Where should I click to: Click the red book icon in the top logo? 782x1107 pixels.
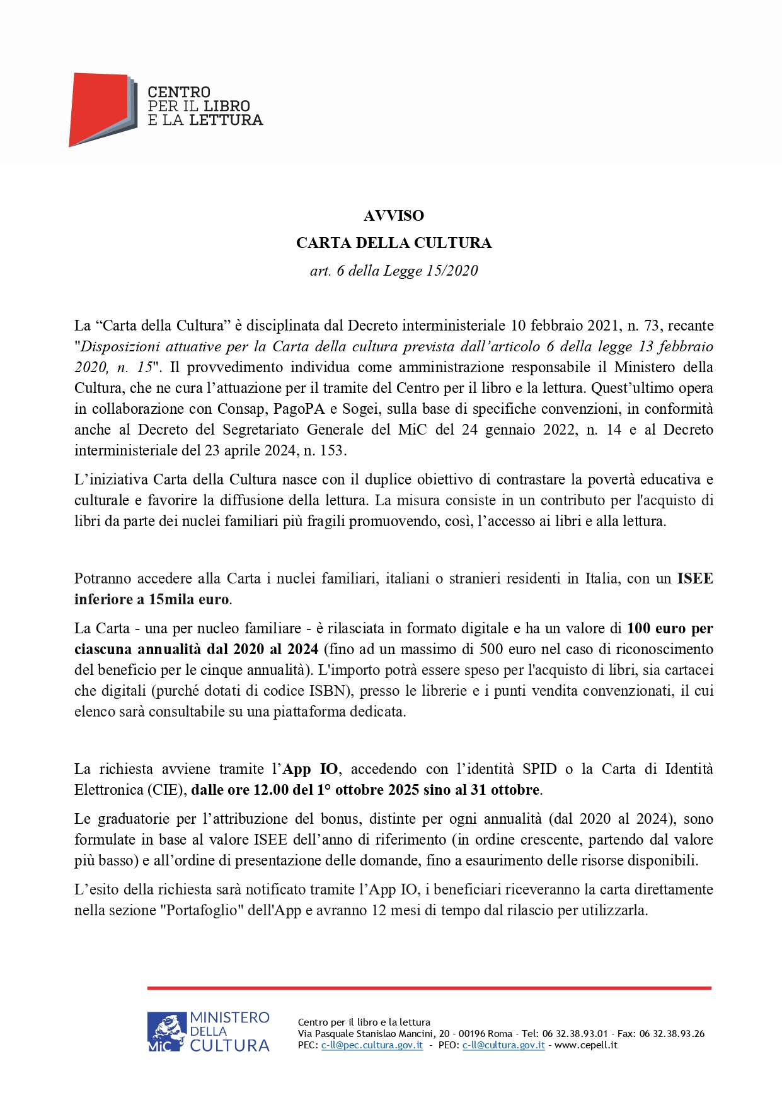point(100,108)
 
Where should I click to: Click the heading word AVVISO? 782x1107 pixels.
point(394,216)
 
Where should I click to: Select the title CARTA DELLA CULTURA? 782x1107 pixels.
point(394,243)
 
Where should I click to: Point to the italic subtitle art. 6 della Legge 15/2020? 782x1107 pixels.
point(394,271)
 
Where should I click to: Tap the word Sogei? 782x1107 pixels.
point(361,409)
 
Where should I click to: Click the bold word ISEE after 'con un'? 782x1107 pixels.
point(695,578)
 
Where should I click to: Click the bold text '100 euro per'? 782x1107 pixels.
point(670,628)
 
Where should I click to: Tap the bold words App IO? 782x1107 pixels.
point(310,769)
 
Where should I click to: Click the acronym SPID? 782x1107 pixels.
point(539,769)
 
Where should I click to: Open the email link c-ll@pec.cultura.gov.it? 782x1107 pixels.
point(372,1045)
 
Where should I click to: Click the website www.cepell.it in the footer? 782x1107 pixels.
point(586,1045)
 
